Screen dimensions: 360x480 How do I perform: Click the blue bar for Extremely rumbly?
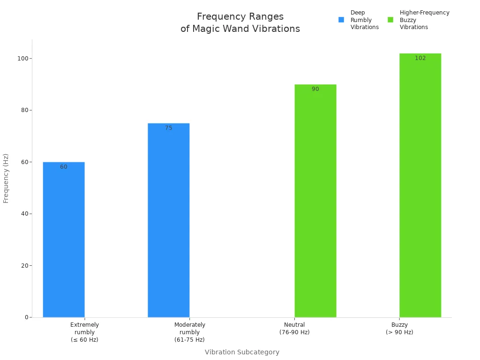(64, 240)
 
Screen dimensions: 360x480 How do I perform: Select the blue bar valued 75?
(169, 220)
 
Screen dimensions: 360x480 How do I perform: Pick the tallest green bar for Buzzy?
(420, 185)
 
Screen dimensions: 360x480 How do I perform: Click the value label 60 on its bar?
(64, 167)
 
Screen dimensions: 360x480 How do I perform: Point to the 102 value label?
(420, 58)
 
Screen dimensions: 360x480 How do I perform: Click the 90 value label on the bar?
(315, 89)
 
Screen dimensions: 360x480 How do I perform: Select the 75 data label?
(169, 128)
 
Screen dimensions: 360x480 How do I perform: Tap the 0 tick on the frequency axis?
(27, 317)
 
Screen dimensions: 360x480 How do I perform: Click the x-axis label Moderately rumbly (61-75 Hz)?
(189, 332)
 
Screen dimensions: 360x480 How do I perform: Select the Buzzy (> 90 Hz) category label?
(399, 328)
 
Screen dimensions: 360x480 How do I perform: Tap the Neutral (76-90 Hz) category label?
(294, 328)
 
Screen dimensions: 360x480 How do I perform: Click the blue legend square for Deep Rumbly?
(341, 20)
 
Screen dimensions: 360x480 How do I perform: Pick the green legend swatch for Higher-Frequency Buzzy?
(390, 20)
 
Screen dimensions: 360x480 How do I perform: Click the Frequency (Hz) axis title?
(6, 178)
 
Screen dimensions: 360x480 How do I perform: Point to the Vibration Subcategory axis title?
(242, 352)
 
